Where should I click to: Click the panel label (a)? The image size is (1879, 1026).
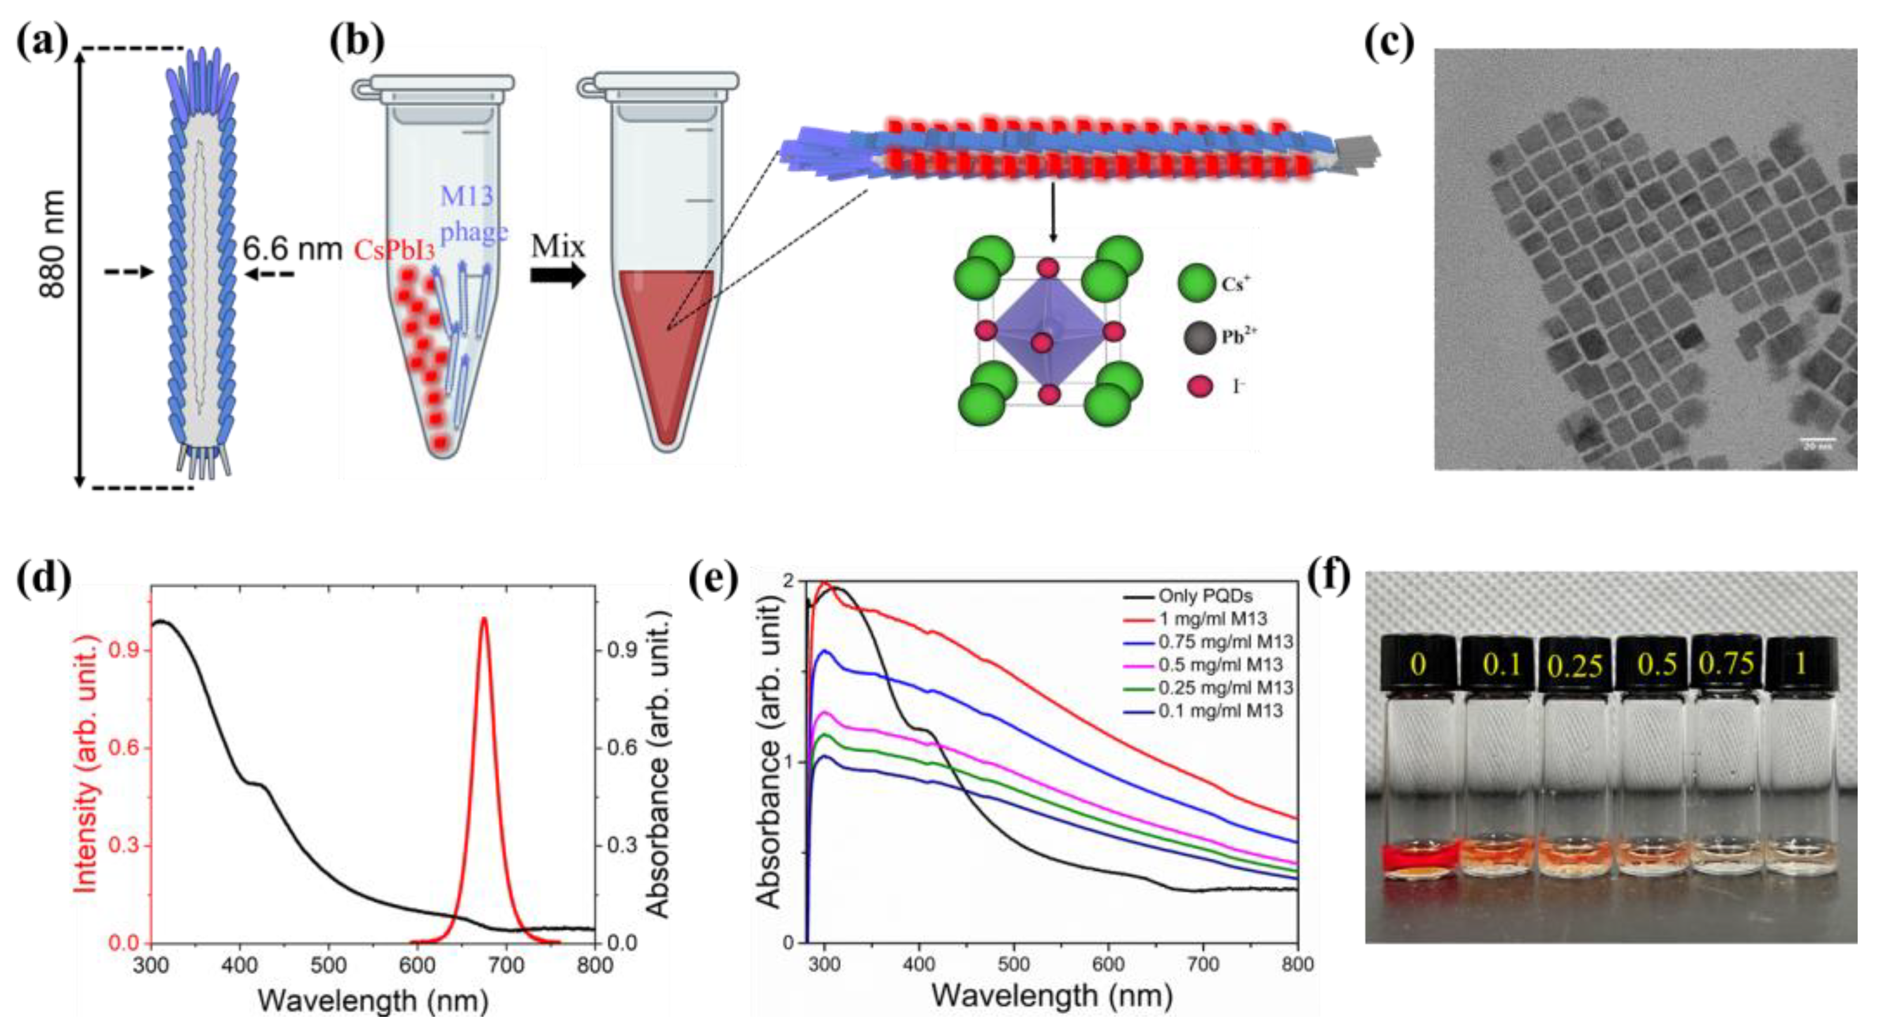pos(42,42)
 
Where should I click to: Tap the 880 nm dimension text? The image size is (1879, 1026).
pos(53,245)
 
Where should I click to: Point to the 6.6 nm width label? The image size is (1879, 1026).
pos(292,249)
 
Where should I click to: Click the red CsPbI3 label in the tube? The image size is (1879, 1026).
pos(394,251)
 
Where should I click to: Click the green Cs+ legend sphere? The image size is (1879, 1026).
pos(1196,283)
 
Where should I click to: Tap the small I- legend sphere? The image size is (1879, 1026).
pos(1200,386)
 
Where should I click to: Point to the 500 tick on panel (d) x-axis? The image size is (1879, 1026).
pos(329,965)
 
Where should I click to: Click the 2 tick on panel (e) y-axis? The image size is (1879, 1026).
pos(788,582)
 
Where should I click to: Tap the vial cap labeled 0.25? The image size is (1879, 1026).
pos(1575,665)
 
